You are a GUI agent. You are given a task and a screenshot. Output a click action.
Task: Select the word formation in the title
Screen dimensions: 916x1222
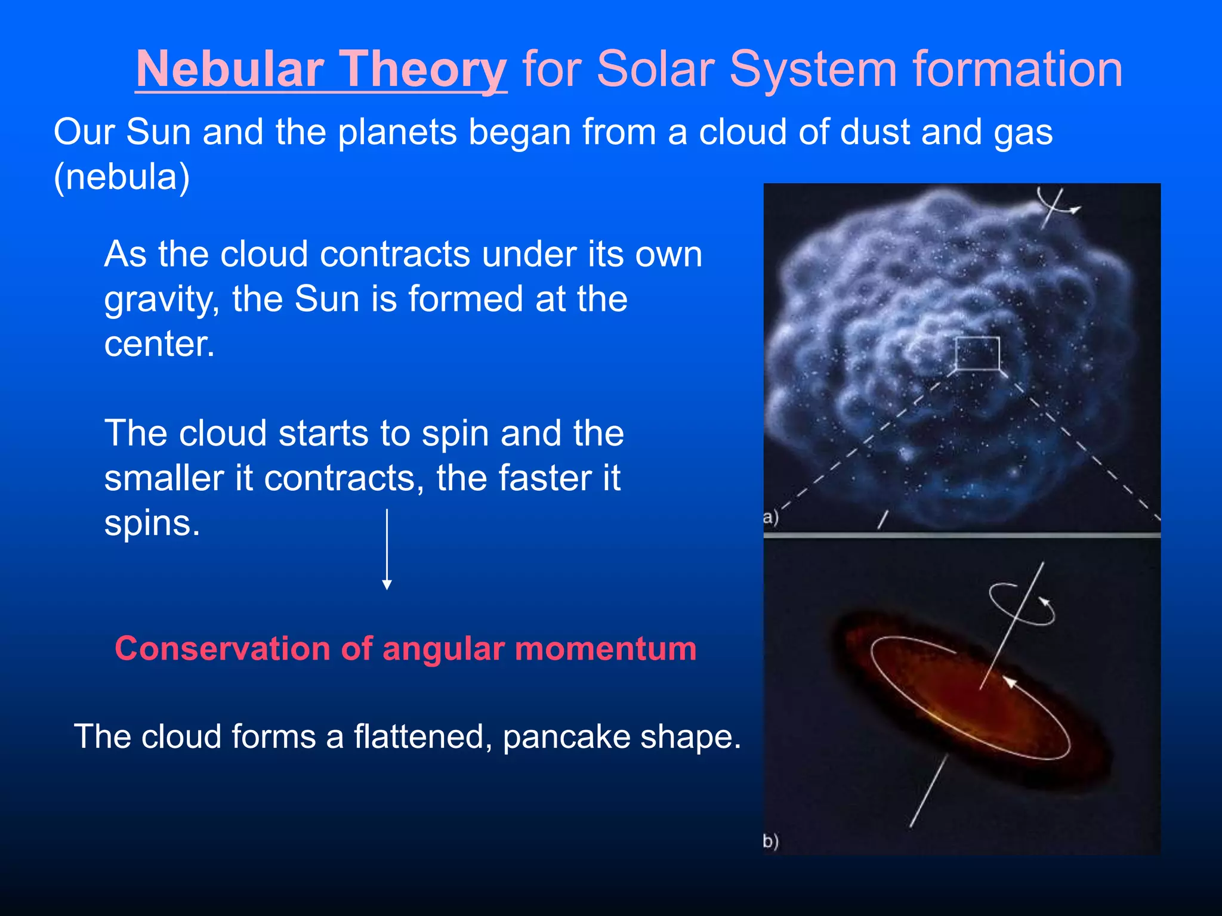click(x=1017, y=69)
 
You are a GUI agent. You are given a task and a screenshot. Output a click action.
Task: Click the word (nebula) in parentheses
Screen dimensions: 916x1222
click(x=122, y=177)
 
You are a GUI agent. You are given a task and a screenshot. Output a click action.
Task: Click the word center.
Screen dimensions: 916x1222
click(x=159, y=344)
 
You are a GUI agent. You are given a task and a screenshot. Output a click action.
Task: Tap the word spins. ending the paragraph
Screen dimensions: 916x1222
click(x=152, y=524)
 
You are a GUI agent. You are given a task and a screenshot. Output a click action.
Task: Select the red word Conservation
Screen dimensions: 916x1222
click(x=223, y=648)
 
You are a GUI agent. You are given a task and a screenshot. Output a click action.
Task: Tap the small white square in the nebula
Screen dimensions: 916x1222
click(x=977, y=353)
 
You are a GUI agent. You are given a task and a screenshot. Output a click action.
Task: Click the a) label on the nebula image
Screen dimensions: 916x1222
click(x=771, y=516)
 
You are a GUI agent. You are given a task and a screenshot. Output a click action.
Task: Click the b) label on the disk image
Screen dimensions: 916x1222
click(x=771, y=841)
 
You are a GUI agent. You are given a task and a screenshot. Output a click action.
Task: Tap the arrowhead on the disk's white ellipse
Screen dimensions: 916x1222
click(x=1010, y=682)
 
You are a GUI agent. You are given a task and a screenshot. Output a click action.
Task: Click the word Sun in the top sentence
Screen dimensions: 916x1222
click(x=158, y=132)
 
